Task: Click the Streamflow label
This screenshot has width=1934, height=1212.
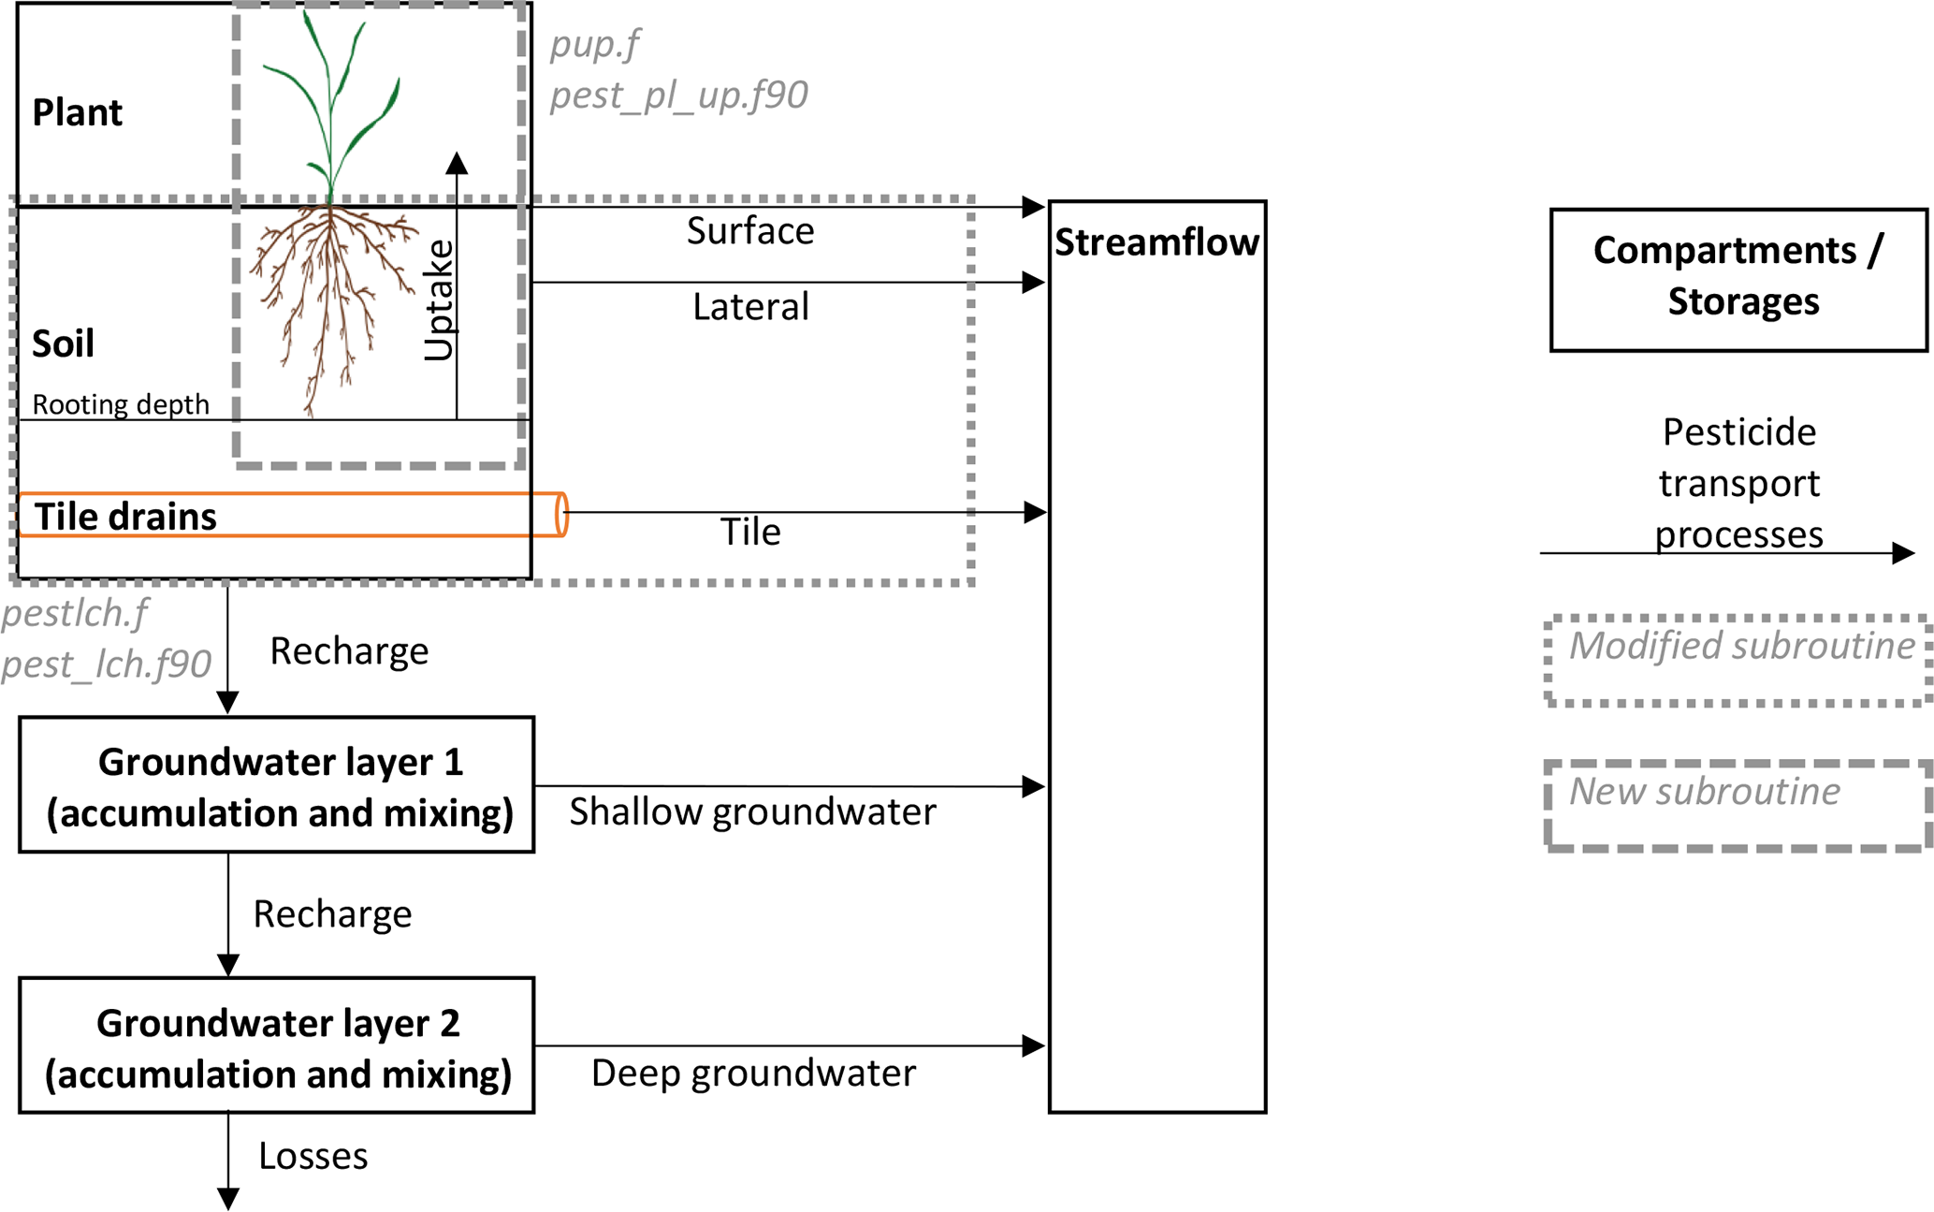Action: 1156,242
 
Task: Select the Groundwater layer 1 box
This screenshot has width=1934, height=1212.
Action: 277,785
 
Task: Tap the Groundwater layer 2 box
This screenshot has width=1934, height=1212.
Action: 277,1045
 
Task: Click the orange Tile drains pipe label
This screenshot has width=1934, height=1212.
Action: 125,517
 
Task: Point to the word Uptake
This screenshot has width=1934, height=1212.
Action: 439,299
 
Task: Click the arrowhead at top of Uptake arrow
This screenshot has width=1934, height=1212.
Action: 457,164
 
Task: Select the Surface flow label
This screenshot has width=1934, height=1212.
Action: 750,231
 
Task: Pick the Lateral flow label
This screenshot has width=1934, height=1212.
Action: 750,307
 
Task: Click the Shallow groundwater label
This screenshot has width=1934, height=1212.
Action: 752,811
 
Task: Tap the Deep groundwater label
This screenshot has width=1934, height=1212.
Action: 753,1073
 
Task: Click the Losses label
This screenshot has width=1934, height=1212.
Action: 313,1156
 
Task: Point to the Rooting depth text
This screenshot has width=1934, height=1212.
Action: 121,404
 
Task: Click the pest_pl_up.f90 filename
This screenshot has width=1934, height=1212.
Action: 678,95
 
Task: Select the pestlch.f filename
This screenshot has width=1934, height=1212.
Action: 75,613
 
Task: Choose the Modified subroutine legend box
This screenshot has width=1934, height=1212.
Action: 1738,660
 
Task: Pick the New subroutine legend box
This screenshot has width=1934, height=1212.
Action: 1738,806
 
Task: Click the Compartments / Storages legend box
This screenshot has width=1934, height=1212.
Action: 1738,280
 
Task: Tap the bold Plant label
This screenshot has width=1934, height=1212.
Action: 77,112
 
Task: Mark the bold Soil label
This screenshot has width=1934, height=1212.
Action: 63,343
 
